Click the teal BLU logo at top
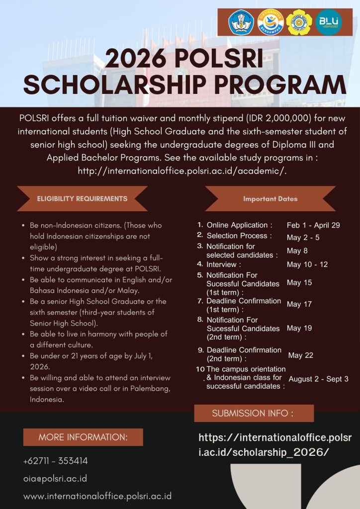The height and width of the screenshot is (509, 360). (x=329, y=22)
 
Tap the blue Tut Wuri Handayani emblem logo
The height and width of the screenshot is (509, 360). (x=241, y=22)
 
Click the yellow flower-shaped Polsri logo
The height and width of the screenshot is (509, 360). (x=299, y=22)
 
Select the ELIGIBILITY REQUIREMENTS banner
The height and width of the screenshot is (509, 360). (x=82, y=198)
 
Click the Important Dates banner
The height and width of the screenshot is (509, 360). (x=270, y=199)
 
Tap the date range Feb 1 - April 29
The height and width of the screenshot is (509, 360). (x=313, y=225)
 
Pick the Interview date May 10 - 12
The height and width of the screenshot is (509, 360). (x=307, y=264)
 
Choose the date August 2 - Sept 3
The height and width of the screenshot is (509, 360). (x=318, y=379)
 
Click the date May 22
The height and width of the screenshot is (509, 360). (x=300, y=355)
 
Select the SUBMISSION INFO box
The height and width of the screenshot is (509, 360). (x=254, y=413)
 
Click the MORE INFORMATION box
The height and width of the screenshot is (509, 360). (x=83, y=437)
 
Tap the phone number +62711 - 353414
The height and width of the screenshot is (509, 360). (x=55, y=461)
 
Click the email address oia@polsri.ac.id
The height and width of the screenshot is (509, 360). (x=55, y=479)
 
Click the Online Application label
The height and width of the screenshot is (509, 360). (x=239, y=225)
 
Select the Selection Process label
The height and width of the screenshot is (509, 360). (x=239, y=236)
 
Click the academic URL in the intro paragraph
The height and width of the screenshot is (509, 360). (x=181, y=170)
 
